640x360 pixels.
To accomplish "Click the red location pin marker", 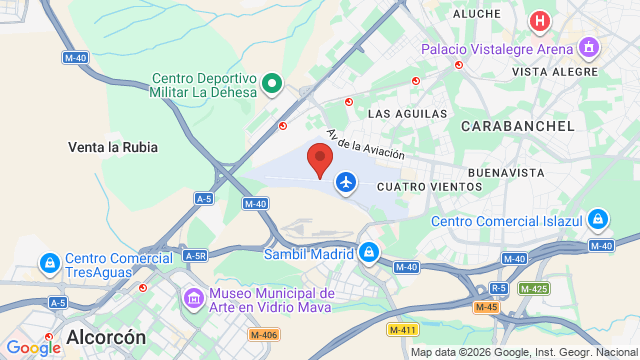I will pos(320,160).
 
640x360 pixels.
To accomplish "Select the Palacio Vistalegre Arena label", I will pos(496,48).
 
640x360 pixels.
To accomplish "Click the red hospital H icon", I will pos(540,21).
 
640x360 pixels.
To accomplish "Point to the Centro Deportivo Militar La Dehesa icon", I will pos(271,82).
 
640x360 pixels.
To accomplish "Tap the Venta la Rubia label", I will pos(113,147).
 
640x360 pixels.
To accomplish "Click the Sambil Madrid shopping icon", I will pos(369,253).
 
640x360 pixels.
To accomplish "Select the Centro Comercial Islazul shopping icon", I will pos(598,219).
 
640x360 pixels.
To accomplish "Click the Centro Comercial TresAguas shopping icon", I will pos(48,263).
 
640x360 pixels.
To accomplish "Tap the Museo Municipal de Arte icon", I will pos(192,298).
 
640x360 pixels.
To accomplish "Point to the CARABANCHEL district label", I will pos(518,126).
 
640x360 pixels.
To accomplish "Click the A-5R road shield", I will pos(195,255).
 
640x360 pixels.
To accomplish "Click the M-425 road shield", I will pos(534,288).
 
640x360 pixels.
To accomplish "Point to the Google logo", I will pos(32,347).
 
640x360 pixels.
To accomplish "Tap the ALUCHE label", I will pos(476,14).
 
